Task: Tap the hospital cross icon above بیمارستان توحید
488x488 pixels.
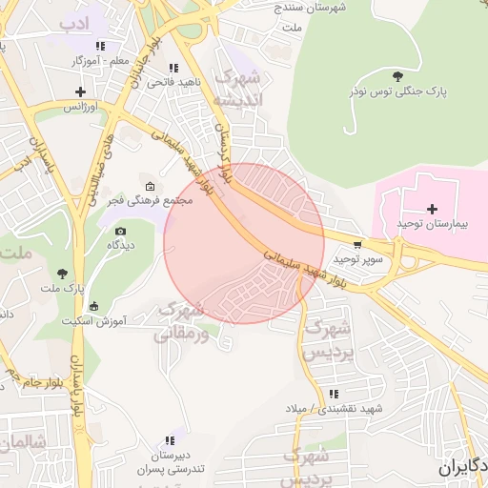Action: pyautogui.click(x=433, y=208)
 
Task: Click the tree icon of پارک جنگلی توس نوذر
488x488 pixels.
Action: pyautogui.click(x=396, y=76)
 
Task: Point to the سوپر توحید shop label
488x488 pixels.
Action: pyautogui.click(x=357, y=258)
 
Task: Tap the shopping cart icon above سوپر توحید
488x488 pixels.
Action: pyautogui.click(x=357, y=244)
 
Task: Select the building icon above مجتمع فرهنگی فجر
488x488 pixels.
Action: pyautogui.click(x=149, y=186)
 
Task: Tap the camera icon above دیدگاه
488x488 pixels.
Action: pyautogui.click(x=120, y=231)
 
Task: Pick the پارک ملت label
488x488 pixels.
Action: pyautogui.click(x=63, y=287)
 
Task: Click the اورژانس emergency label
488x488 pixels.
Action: pyautogui.click(x=81, y=107)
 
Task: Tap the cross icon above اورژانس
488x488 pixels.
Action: pyautogui.click(x=81, y=92)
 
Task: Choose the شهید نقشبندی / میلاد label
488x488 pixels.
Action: pyautogui.click(x=334, y=408)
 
